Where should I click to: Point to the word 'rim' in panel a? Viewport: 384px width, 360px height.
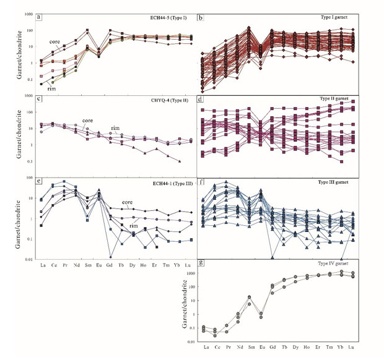[x=52, y=87]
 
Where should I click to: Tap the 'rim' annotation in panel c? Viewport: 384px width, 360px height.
[x=115, y=128]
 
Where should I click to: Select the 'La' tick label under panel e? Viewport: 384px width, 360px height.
[x=41, y=265]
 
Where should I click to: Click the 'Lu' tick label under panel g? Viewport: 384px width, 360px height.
[x=352, y=348]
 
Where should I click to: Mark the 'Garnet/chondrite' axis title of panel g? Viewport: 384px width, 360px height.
[x=184, y=302]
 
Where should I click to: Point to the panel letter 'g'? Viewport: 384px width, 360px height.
[x=202, y=264]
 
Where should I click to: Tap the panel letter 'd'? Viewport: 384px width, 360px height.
[x=202, y=99]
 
